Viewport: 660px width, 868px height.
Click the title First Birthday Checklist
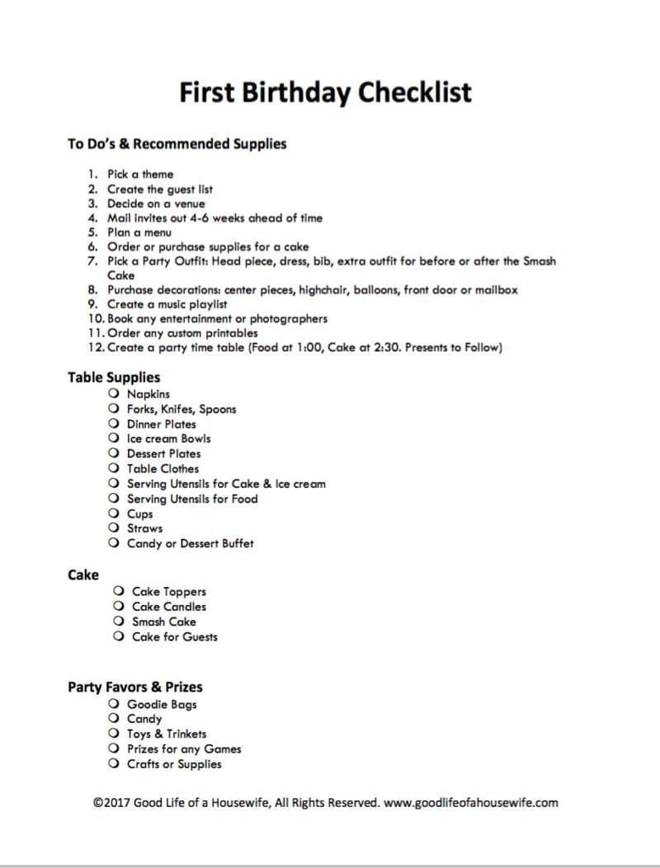point(326,91)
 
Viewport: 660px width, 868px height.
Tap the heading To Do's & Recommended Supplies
point(177,144)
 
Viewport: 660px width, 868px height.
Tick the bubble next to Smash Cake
point(120,622)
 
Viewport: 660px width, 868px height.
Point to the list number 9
point(92,304)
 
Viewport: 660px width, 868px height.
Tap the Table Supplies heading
point(114,378)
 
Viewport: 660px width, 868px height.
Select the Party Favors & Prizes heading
point(134,687)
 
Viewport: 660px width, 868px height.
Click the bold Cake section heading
point(82,575)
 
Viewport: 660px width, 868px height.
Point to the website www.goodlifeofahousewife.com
point(471,801)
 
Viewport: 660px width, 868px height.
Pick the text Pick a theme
point(140,174)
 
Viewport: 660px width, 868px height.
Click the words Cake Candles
point(169,607)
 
